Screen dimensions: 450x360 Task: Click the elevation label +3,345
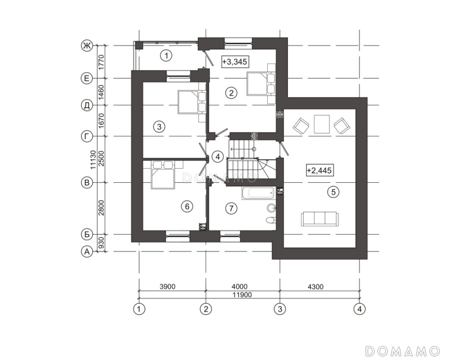[235, 61]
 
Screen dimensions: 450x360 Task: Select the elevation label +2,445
[319, 170]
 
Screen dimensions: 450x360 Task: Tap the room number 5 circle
[333, 192]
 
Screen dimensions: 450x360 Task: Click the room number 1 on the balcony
[166, 56]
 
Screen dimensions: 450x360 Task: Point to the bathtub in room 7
[259, 193]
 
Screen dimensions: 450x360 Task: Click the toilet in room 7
[271, 220]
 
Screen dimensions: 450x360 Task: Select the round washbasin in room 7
[271, 207]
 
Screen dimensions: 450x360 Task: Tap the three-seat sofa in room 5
[319, 219]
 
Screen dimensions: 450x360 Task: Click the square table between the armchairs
[322, 124]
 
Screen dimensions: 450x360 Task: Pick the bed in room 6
[163, 175]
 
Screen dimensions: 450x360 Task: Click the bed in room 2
[260, 84]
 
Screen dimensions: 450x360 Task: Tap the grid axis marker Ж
[87, 46]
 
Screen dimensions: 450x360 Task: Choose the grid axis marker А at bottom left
[87, 252]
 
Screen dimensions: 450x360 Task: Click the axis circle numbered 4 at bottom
[359, 309]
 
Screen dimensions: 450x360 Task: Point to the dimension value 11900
[242, 295]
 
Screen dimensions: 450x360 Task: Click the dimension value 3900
[167, 286]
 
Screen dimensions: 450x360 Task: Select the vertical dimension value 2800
[101, 208]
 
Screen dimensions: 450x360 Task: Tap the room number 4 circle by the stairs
[218, 157]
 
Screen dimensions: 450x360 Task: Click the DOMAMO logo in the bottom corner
[403, 351]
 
